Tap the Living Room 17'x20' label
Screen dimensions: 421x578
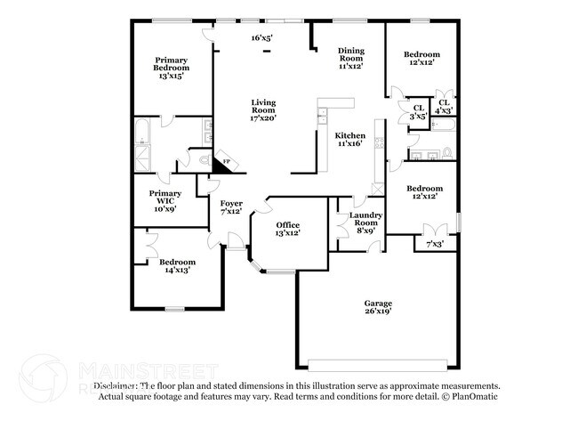263,109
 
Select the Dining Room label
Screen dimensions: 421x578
353,59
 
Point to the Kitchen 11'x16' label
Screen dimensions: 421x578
349,140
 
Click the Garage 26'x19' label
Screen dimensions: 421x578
377,307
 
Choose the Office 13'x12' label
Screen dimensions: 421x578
287,228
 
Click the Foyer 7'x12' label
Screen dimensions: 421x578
231,206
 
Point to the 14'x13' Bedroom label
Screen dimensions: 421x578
177,266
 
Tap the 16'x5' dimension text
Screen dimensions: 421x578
261,38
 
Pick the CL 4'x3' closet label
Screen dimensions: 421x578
443,106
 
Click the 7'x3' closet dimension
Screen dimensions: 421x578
435,243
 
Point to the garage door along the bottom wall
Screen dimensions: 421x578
377,363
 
